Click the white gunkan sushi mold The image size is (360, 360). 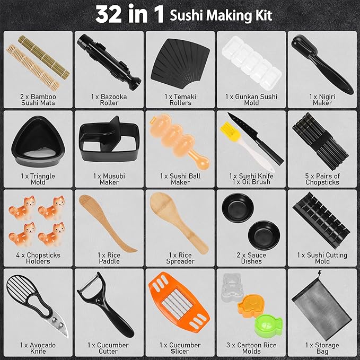249,63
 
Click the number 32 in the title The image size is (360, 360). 113,14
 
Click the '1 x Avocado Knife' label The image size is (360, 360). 38,348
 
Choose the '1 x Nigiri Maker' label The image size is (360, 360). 322,100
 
